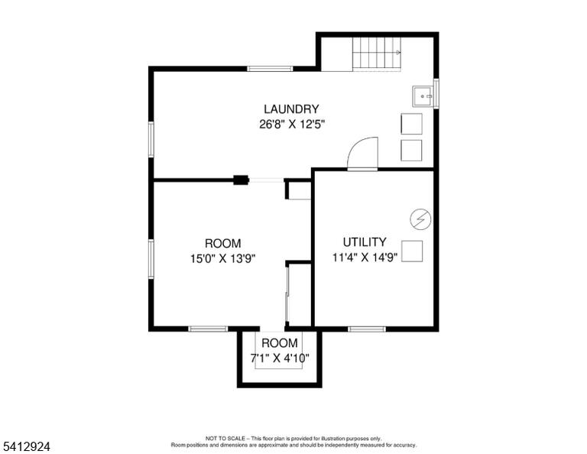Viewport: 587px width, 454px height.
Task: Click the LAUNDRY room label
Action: pos(291,109)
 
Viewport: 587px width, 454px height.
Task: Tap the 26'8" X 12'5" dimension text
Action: pos(292,124)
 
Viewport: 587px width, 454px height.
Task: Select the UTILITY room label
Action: pos(365,242)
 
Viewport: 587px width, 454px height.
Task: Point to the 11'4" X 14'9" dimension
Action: pos(365,257)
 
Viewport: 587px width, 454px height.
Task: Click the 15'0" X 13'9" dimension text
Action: pos(222,258)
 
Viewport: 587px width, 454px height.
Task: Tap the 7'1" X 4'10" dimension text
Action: pos(280,358)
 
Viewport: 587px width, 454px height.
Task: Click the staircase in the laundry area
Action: pos(377,54)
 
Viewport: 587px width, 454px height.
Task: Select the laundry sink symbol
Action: pos(423,96)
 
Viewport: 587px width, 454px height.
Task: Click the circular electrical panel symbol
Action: pos(420,219)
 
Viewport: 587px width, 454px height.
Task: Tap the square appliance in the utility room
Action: pos(412,251)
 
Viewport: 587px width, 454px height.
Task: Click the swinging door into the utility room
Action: pos(363,154)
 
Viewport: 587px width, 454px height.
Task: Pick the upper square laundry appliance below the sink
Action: pos(411,124)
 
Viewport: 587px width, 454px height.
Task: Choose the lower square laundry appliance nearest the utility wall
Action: pos(411,151)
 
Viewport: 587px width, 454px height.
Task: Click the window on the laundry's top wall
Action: pos(270,69)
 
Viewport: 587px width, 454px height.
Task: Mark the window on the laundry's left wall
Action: pos(151,139)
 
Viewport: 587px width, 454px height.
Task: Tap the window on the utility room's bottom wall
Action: pos(367,329)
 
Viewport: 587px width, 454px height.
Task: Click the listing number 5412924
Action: pos(26,446)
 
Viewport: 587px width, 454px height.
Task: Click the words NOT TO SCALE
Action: pos(225,438)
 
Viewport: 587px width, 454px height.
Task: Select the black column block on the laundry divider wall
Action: pos(241,180)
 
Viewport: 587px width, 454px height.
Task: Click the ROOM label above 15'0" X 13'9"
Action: pos(222,243)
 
